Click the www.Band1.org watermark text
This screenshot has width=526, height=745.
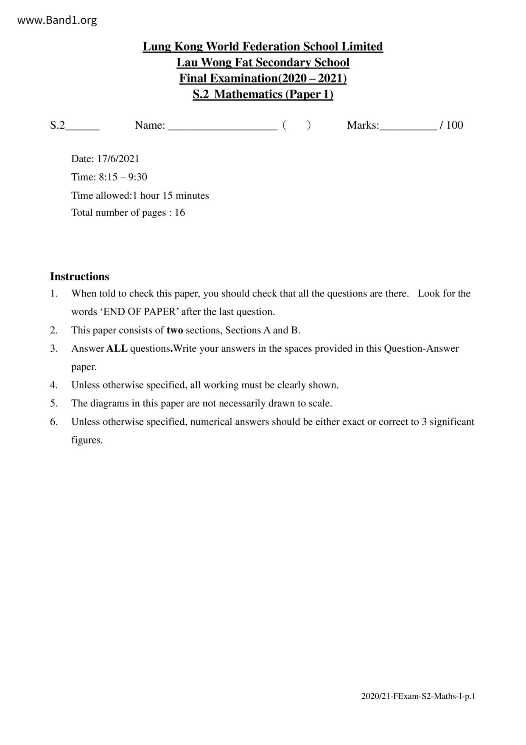pos(57,20)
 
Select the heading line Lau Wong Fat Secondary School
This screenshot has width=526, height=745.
pos(263,62)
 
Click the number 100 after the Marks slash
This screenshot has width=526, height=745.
pos(455,125)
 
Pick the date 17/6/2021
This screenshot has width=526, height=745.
pos(118,159)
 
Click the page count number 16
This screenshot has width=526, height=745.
pos(180,213)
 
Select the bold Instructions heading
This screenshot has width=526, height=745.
pos(79,277)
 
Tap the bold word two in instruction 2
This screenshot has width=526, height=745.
pos(175,330)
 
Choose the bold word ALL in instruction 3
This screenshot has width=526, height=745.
pos(117,349)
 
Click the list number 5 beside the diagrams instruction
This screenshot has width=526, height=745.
pos(54,404)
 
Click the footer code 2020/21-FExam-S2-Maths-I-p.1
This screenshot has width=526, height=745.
pos(418,696)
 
